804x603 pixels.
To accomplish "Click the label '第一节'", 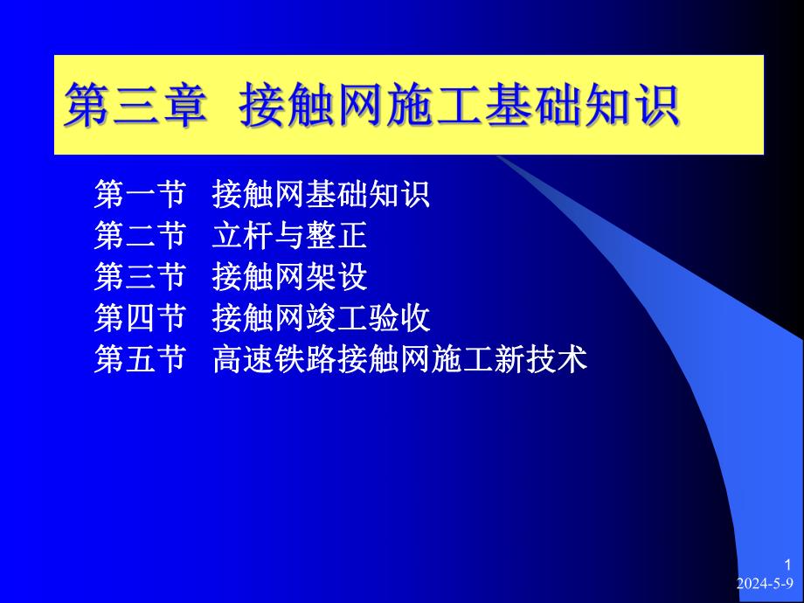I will point(139,195).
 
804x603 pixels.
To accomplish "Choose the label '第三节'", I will point(139,277).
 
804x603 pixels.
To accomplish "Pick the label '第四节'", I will point(139,318).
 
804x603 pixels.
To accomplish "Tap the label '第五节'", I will point(139,359).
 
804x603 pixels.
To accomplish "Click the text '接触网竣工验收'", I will point(320,318).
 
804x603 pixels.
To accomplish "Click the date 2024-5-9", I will point(765,583).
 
